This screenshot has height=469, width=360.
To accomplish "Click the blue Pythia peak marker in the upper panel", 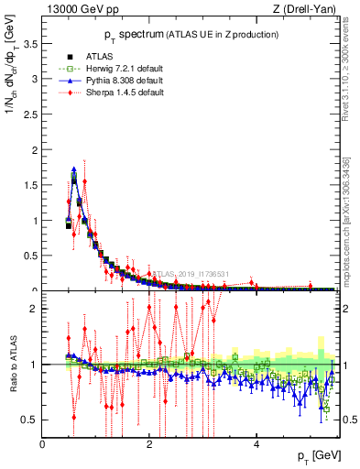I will (73, 169).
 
